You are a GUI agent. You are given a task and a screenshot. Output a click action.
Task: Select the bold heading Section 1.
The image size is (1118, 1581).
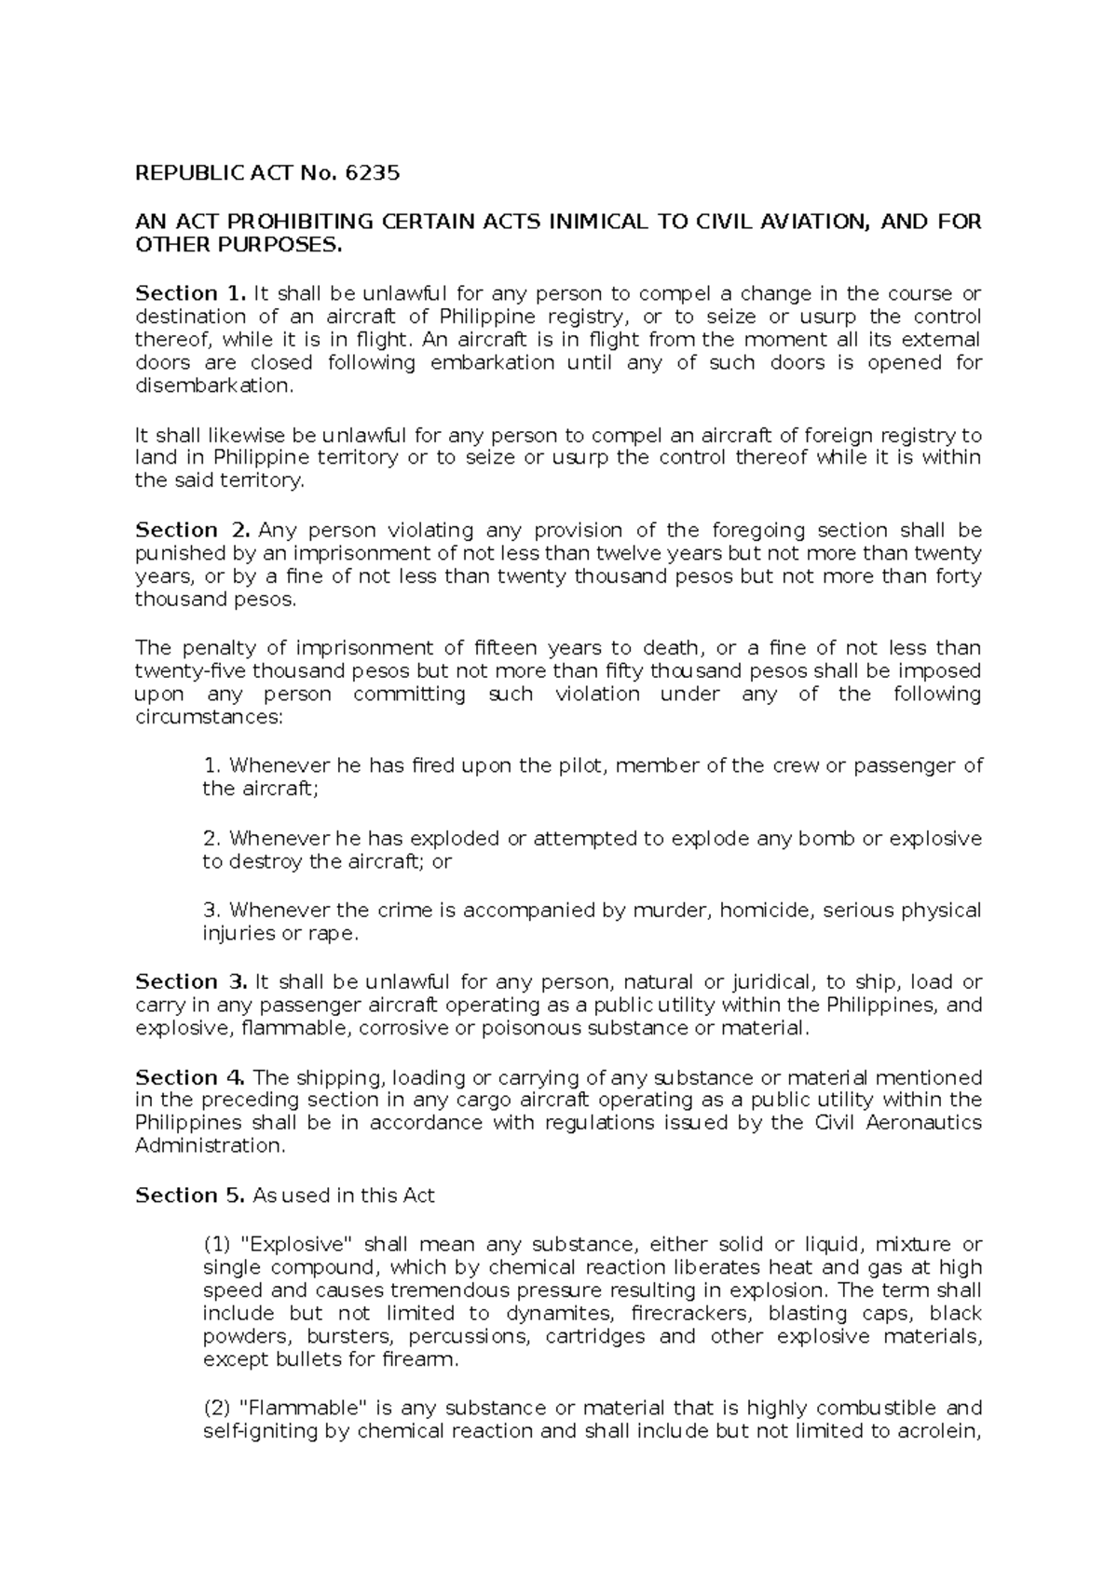click(190, 294)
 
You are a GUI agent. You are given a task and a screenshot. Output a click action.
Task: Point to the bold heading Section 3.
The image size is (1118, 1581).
click(190, 982)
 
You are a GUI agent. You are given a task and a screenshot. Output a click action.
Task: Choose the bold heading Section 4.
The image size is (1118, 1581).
click(190, 1078)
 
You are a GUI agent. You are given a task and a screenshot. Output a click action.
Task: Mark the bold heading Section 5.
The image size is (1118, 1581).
click(190, 1196)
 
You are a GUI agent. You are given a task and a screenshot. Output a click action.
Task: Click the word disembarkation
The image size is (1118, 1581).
click(213, 386)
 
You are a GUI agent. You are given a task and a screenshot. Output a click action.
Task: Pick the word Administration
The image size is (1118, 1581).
click(210, 1146)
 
